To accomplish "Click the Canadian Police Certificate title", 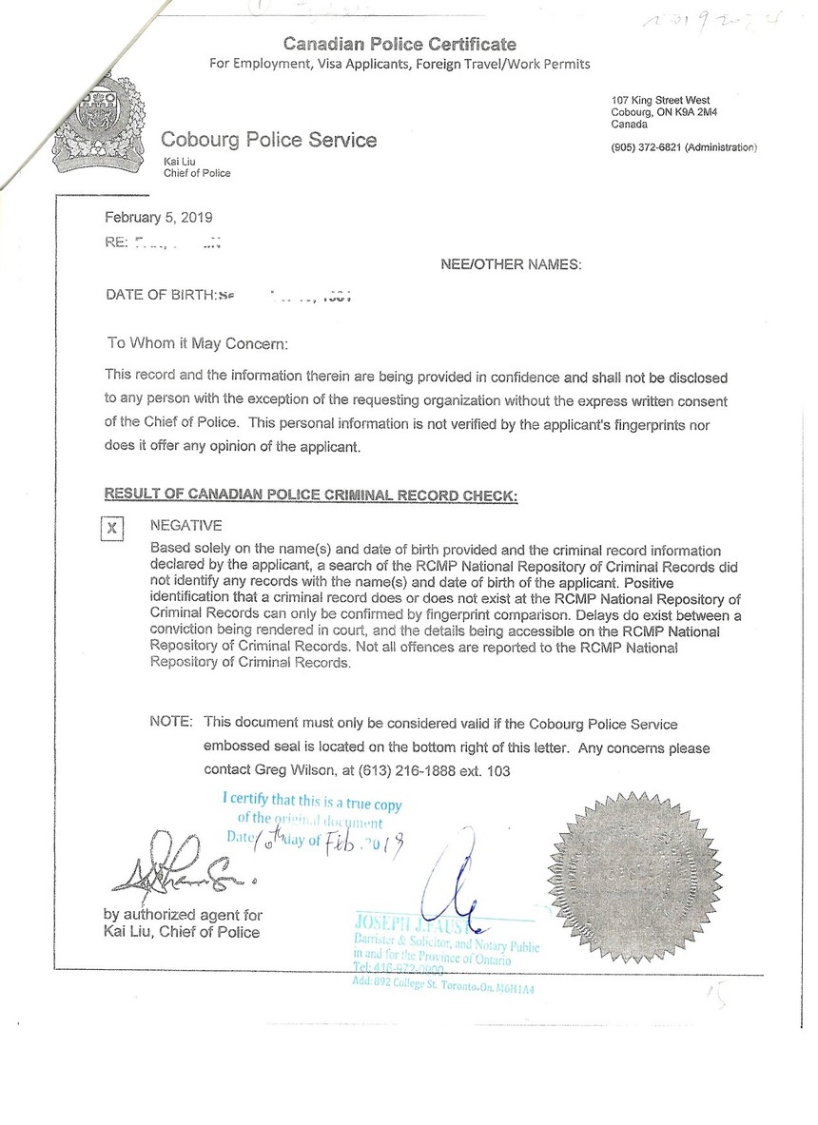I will click(399, 44).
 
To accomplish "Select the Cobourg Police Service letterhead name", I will click(268, 141).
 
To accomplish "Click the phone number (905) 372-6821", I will click(646, 147).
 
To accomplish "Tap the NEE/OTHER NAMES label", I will click(511, 264).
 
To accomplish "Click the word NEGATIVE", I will click(186, 525).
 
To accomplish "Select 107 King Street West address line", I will click(660, 101).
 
